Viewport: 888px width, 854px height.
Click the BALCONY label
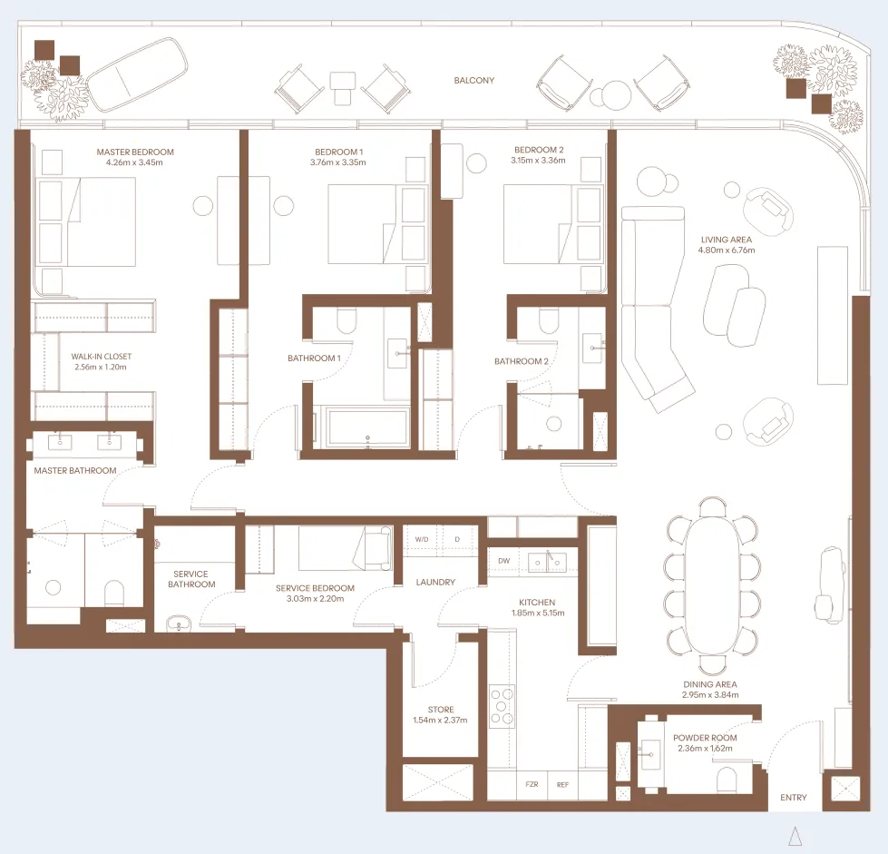point(474,81)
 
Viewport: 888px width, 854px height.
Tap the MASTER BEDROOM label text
point(134,152)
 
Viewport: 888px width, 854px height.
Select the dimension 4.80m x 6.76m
point(727,250)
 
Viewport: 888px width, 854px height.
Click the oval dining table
point(712,585)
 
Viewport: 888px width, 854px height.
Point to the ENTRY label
point(793,798)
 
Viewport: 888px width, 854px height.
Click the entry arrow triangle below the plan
point(795,836)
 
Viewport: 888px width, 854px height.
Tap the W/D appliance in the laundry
point(422,539)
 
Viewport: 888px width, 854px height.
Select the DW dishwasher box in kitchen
point(503,561)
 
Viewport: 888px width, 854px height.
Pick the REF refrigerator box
point(562,784)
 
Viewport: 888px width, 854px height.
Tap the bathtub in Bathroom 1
point(367,427)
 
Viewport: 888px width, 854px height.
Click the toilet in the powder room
point(729,780)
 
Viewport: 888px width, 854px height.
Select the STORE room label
point(441,710)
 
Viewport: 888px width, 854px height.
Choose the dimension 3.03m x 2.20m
point(316,599)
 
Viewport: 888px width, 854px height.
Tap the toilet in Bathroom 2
point(550,321)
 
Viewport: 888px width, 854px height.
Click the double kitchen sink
point(547,562)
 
